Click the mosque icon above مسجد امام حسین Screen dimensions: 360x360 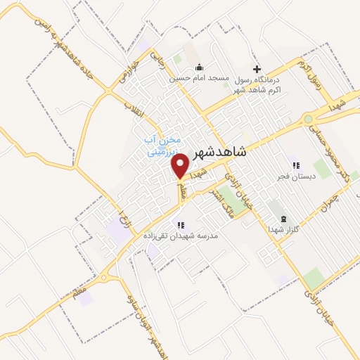pos(198,67)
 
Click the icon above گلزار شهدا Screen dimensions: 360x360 pos(283,219)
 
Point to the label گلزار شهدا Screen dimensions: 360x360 pos(283,230)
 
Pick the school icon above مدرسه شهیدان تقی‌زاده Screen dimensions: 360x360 pos(181,225)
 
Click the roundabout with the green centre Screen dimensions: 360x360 pos(308,120)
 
